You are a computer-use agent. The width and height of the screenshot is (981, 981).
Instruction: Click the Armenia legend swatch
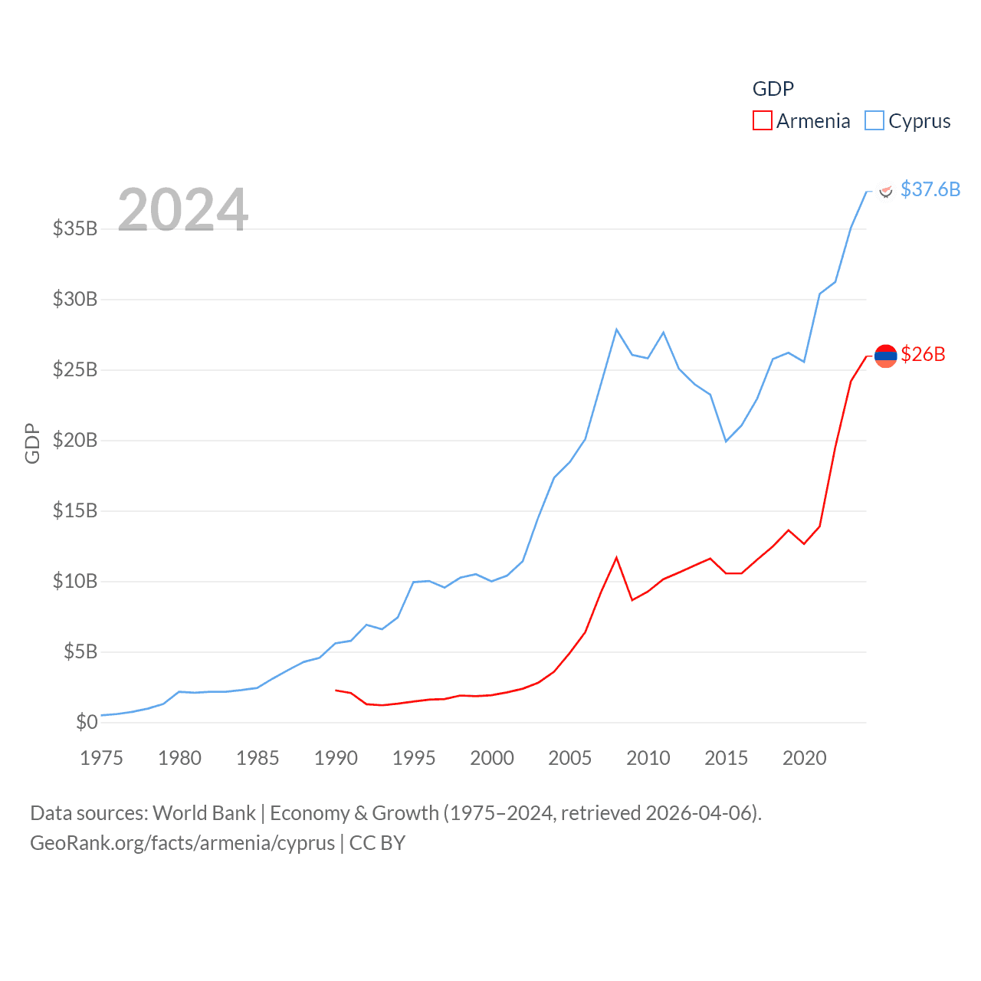pyautogui.click(x=762, y=121)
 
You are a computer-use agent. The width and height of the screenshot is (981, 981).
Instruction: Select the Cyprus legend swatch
pyautogui.click(x=874, y=121)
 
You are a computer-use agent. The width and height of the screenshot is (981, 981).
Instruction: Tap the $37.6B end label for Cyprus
pyautogui.click(x=930, y=189)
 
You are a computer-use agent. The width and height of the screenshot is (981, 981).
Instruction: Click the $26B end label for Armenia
pyautogui.click(x=923, y=354)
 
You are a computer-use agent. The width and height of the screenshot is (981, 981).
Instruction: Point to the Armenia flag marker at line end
pyautogui.click(x=885, y=356)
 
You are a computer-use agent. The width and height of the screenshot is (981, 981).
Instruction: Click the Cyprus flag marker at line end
pyautogui.click(x=885, y=190)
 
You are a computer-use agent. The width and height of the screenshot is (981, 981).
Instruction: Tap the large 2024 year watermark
pyautogui.click(x=182, y=209)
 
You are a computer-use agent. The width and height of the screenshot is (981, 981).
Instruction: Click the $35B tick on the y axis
pyautogui.click(x=75, y=228)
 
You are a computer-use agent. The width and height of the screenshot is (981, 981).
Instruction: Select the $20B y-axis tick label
pyautogui.click(x=75, y=440)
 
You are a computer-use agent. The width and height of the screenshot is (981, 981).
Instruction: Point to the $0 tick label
pyautogui.click(x=87, y=722)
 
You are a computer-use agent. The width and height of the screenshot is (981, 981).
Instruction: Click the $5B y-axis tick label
pyautogui.click(x=80, y=651)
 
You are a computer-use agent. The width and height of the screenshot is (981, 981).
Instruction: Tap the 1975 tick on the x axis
pyautogui.click(x=101, y=758)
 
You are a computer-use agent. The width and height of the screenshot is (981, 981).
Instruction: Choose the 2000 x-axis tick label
pyautogui.click(x=491, y=758)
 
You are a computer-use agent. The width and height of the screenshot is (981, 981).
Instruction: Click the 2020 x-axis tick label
pyautogui.click(x=804, y=758)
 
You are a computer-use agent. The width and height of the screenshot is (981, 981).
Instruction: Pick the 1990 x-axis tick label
pyautogui.click(x=336, y=758)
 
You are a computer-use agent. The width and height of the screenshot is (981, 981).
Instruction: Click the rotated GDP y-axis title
pyautogui.click(x=32, y=443)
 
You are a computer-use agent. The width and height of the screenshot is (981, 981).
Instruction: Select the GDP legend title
pyautogui.click(x=773, y=89)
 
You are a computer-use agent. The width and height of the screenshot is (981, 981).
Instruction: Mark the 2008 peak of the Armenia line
pyautogui.click(x=616, y=558)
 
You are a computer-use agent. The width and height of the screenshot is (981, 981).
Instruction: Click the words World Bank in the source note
pyautogui.click(x=205, y=812)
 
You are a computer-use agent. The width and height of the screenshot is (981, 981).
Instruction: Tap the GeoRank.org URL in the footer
pyautogui.click(x=182, y=843)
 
